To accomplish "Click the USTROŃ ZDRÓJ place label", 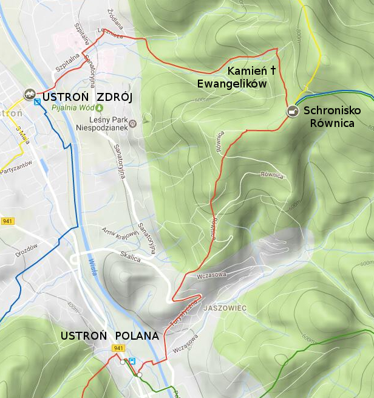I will coord(87,97).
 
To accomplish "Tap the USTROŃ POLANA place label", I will coord(110,336).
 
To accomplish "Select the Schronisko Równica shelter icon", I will coord(293,111).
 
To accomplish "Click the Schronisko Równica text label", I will coord(331,117).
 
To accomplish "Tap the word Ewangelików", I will coord(232,84).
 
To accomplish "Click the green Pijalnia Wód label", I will coord(72,108).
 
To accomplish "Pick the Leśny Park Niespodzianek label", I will coord(102,124).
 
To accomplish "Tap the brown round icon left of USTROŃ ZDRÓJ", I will coord(28,94).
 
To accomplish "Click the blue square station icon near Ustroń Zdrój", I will coord(38,102).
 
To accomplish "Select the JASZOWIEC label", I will coord(225,308).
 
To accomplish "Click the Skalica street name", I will coord(130,258).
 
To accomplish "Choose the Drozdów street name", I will coord(27,250).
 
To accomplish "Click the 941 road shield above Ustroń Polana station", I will coord(118,348).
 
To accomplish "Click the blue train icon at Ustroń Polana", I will coord(132,360).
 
